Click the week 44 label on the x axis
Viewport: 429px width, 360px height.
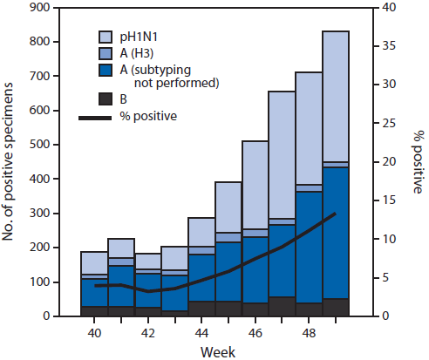click(x=201, y=331)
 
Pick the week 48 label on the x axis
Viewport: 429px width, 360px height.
click(x=309, y=331)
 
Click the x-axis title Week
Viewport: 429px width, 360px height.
click(x=214, y=350)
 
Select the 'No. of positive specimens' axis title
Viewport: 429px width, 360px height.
click(x=11, y=161)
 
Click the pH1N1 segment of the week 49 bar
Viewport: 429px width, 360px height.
click(x=336, y=96)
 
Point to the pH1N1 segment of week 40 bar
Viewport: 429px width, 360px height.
click(x=94, y=262)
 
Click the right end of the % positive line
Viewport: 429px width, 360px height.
click(x=335, y=214)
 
